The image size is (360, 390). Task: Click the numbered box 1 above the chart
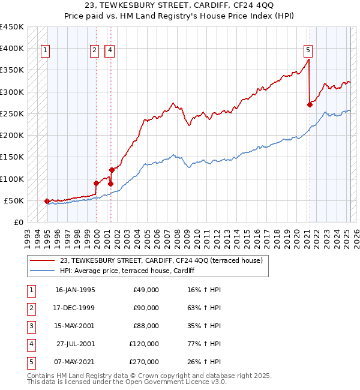coord(46,51)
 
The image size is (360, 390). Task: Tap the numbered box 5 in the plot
coord(308,51)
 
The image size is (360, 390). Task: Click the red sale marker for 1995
coord(47,202)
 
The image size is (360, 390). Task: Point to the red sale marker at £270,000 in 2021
coord(310,105)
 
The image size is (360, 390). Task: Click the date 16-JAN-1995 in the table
coord(74,290)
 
